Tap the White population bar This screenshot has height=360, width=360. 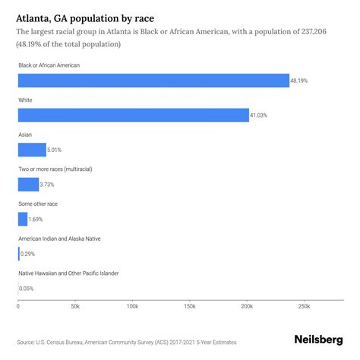click(x=133, y=115)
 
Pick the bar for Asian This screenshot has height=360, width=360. click(x=32, y=150)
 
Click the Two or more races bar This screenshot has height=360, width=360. click(x=28, y=185)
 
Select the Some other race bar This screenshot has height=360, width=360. click(x=23, y=219)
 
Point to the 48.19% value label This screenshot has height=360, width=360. click(x=300, y=81)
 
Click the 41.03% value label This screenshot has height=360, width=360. click(x=260, y=115)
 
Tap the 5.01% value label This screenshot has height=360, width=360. click(x=56, y=150)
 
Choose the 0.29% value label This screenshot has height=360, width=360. click(x=28, y=254)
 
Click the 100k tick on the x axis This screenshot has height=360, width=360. click(x=132, y=307)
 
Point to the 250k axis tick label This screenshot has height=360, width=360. click(x=304, y=307)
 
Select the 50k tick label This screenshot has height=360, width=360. click(x=74, y=307)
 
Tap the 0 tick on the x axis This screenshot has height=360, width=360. click(x=17, y=307)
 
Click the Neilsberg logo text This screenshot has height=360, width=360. click(x=317, y=341)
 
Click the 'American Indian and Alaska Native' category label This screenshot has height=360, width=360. click(x=69, y=238)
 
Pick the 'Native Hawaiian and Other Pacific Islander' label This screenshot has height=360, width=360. click(x=79, y=273)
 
